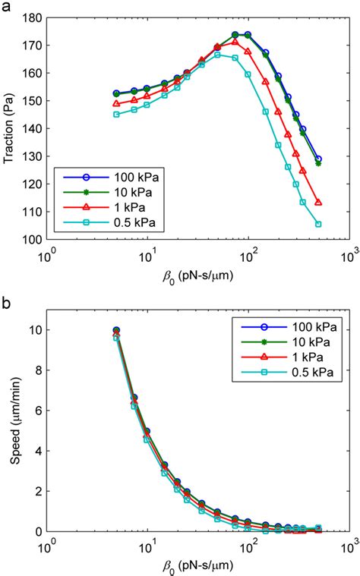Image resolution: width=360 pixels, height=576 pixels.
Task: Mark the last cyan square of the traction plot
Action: coord(318,224)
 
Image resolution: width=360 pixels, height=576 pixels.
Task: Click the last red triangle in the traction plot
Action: coord(318,203)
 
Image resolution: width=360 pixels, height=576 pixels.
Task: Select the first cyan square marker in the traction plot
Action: coord(116,115)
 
